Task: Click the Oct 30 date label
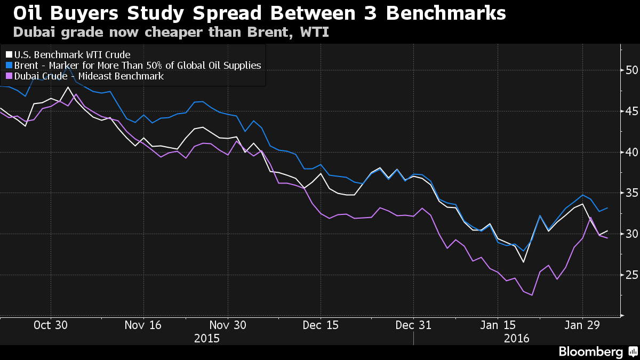50,325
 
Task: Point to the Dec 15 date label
321,325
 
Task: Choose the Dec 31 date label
414,325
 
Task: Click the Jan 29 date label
582,325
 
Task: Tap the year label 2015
206,338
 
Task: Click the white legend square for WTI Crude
9,55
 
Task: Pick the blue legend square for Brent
9,66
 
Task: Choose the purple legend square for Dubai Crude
9,76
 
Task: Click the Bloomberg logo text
590,351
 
